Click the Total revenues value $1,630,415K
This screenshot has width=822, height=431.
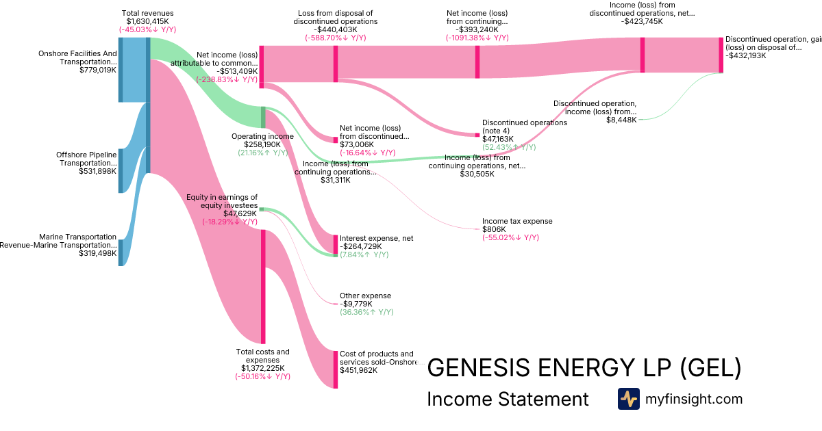(x=147, y=21)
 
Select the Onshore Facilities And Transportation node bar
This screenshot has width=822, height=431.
(x=121, y=69)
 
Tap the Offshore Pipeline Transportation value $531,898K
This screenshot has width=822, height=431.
(x=97, y=171)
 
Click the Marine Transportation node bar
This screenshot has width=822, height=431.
(x=121, y=252)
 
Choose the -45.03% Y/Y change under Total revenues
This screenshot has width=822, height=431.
(x=147, y=29)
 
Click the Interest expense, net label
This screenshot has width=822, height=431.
(x=376, y=238)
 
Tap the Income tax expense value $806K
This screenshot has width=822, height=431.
(x=499, y=229)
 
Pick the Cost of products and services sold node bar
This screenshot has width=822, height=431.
(x=336, y=369)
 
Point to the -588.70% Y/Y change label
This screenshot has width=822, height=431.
(x=336, y=38)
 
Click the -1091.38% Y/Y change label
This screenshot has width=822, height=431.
(x=477, y=38)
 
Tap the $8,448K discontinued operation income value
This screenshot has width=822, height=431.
(x=621, y=120)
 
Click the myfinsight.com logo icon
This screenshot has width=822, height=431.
(x=628, y=399)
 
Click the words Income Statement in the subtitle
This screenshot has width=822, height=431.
(x=508, y=399)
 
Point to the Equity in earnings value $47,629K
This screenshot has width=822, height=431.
(x=240, y=213)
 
